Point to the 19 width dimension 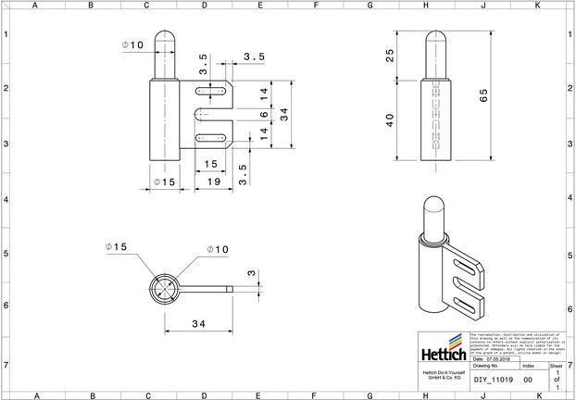[212, 183]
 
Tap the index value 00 [528, 380]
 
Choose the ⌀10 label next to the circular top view [217, 249]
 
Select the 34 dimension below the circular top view [197, 322]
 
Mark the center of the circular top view [164, 288]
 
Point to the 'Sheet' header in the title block [556, 367]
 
